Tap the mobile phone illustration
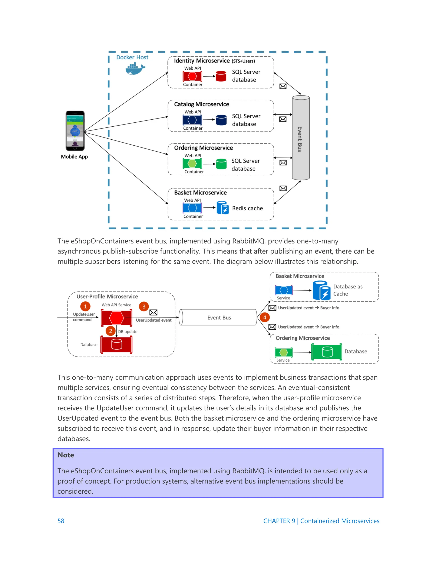pos(75,131)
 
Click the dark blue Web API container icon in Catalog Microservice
pos(192,120)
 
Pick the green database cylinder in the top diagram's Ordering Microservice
pos(221,164)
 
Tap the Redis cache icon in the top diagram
pos(223,208)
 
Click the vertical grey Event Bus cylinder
pos(301,138)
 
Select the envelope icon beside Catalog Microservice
pos(283,119)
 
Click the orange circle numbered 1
pos(85,306)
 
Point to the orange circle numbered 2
pos(110,331)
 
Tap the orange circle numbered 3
pos(144,306)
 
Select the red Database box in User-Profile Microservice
pos(116,344)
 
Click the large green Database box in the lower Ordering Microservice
pos(327,352)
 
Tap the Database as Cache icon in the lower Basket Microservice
pos(322,291)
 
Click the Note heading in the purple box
pos(66,455)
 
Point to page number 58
pos(61,521)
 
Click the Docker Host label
pos(132,57)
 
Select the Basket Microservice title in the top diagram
pos(200,193)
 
